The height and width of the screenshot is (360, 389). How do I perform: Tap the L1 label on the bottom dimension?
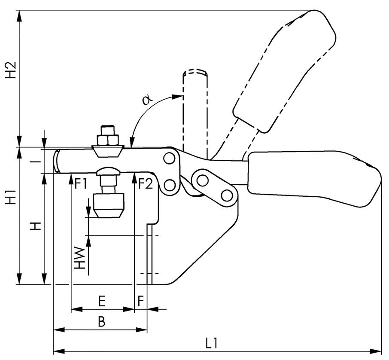[x=211, y=343]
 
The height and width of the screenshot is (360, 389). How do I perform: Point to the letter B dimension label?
[x=101, y=321]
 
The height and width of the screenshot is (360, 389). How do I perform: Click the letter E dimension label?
[x=102, y=301]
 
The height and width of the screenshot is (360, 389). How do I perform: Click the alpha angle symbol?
[x=147, y=100]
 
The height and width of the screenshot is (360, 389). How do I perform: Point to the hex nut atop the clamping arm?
[x=108, y=140]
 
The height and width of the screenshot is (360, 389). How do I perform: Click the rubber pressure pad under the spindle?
[x=109, y=204]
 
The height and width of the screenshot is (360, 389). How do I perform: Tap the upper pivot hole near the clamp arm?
[x=169, y=159]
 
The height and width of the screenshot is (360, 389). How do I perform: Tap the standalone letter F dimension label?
[x=141, y=301]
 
